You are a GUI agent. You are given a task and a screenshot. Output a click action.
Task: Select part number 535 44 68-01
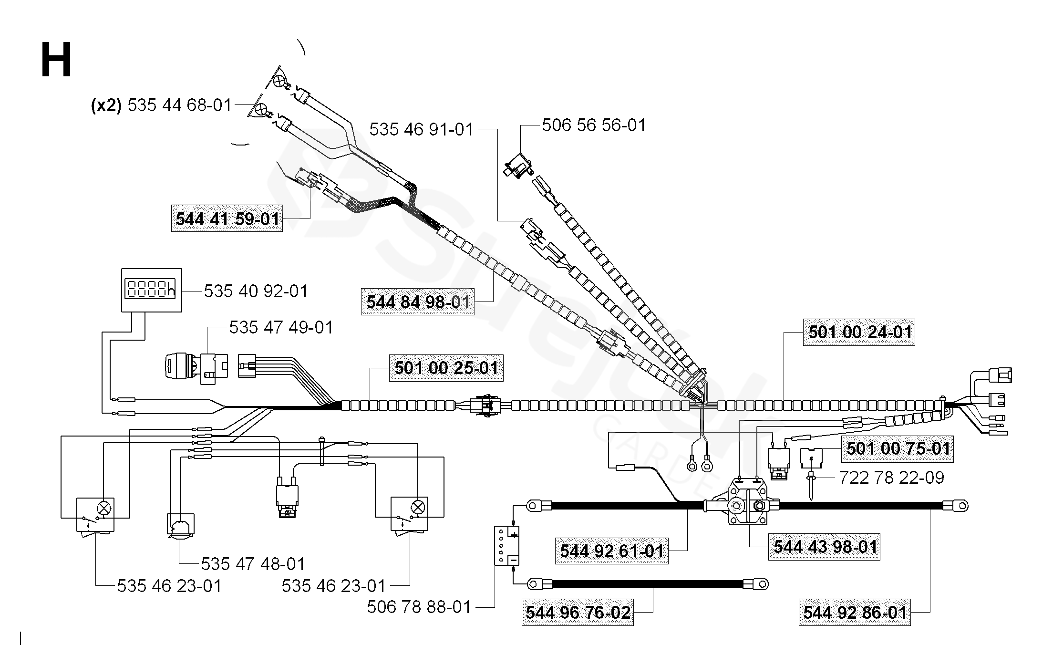[179, 105]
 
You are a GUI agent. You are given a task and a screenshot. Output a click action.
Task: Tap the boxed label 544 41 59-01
[227, 218]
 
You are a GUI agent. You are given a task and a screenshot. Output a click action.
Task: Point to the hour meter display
[152, 290]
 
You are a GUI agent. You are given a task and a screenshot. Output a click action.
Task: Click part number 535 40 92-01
[256, 291]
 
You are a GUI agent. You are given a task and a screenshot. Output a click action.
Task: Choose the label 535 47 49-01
[281, 327]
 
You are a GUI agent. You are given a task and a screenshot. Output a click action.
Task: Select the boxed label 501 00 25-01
[446, 368]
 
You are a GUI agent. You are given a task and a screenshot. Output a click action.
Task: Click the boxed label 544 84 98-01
[418, 302]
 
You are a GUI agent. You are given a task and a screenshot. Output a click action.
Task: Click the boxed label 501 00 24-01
[859, 332]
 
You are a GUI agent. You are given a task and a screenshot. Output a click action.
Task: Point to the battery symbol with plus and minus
[506, 546]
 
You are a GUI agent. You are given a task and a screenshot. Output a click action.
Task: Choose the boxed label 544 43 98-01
[824, 547]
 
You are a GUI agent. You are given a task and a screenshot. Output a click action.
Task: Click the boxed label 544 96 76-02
[578, 612]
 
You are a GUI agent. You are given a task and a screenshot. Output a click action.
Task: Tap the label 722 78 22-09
[892, 478]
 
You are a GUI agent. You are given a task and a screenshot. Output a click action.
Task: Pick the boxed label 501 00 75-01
[898, 448]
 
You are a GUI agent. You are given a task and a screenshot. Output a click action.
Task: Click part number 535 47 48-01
[253, 564]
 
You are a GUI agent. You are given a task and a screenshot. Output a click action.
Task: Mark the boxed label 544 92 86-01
[855, 612]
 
